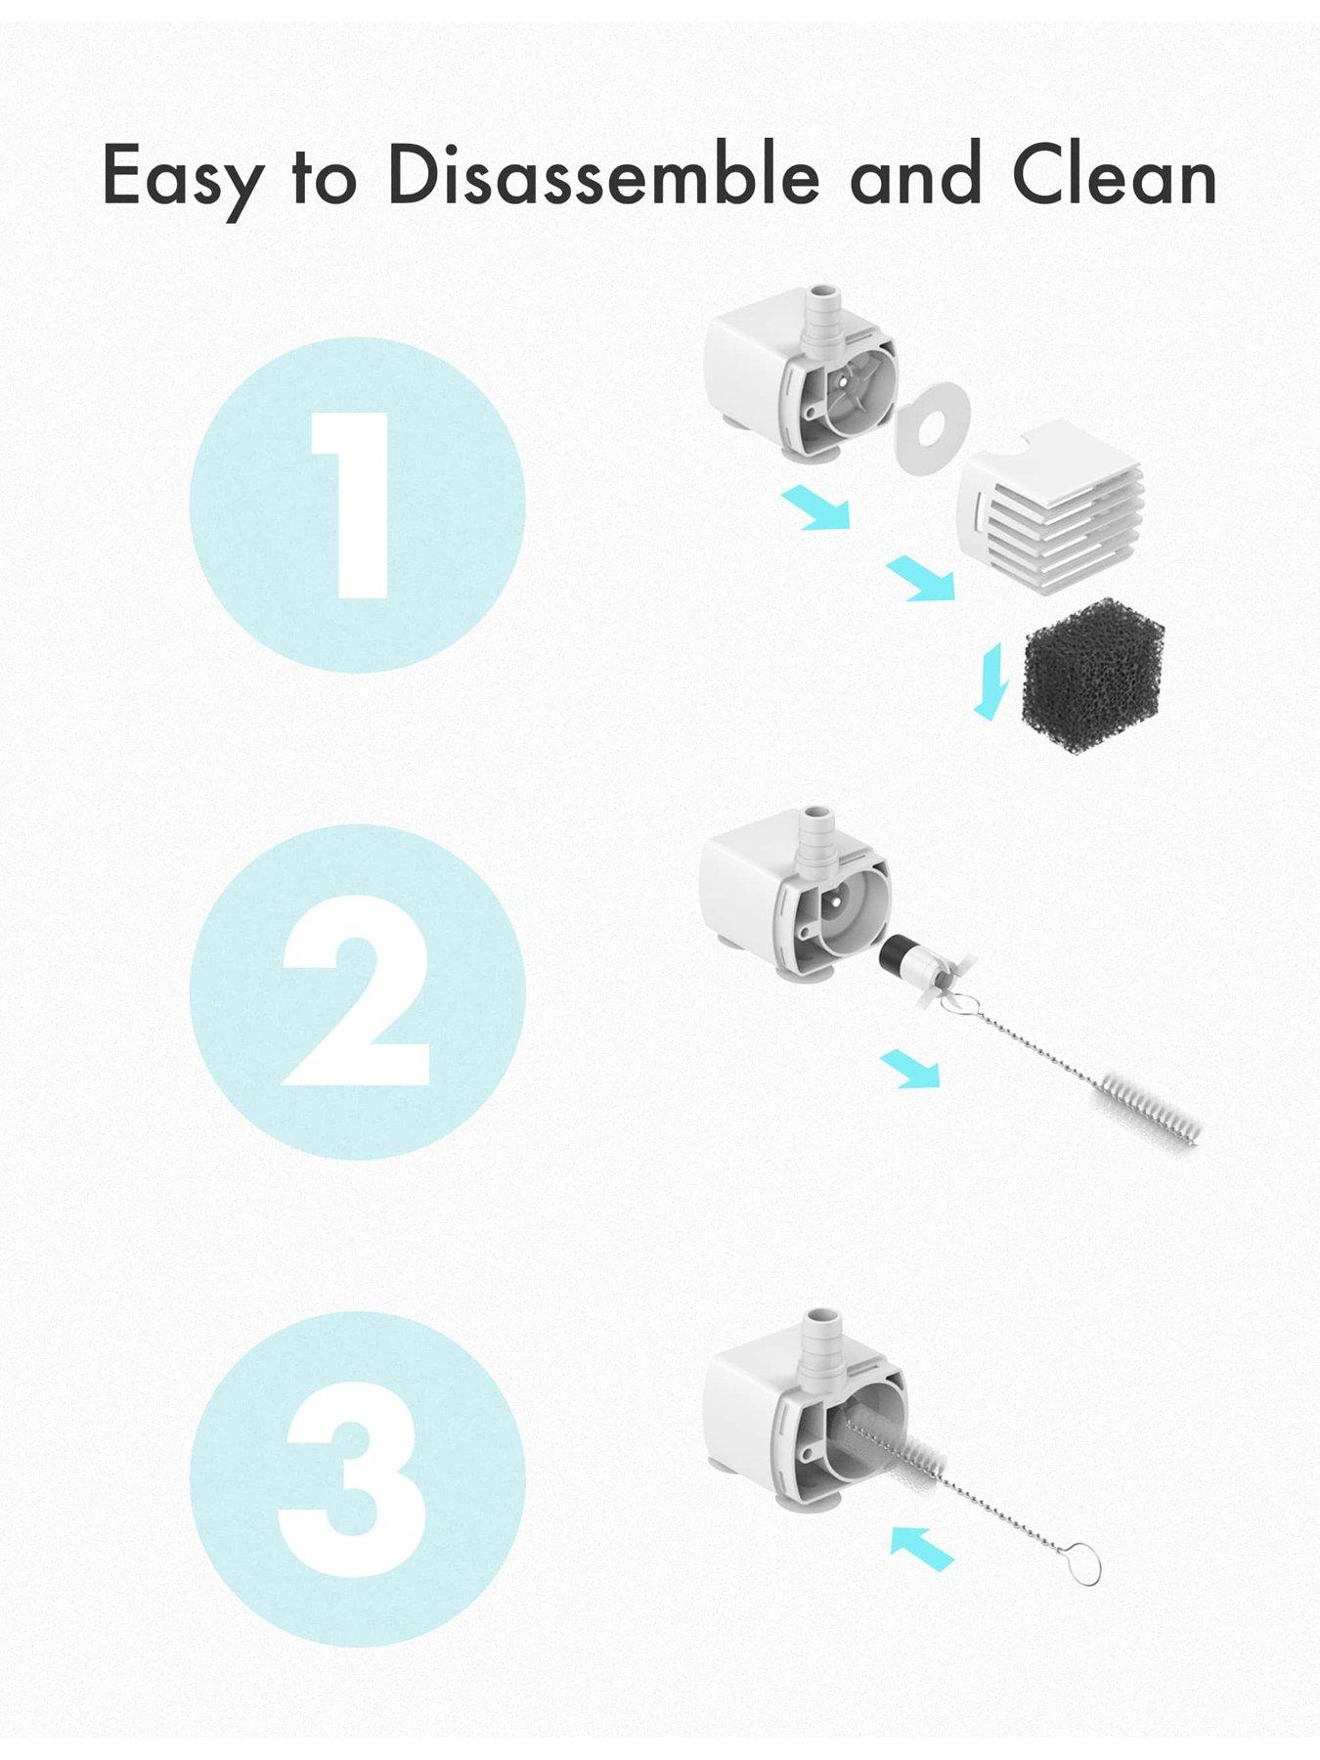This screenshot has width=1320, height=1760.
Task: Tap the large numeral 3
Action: pyautogui.click(x=354, y=1482)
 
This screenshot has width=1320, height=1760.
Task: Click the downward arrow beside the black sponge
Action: pyautogui.click(x=990, y=681)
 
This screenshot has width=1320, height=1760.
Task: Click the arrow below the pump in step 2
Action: pyautogui.click(x=909, y=1068)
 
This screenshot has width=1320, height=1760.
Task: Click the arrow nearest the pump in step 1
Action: pyautogui.click(x=815, y=508)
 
